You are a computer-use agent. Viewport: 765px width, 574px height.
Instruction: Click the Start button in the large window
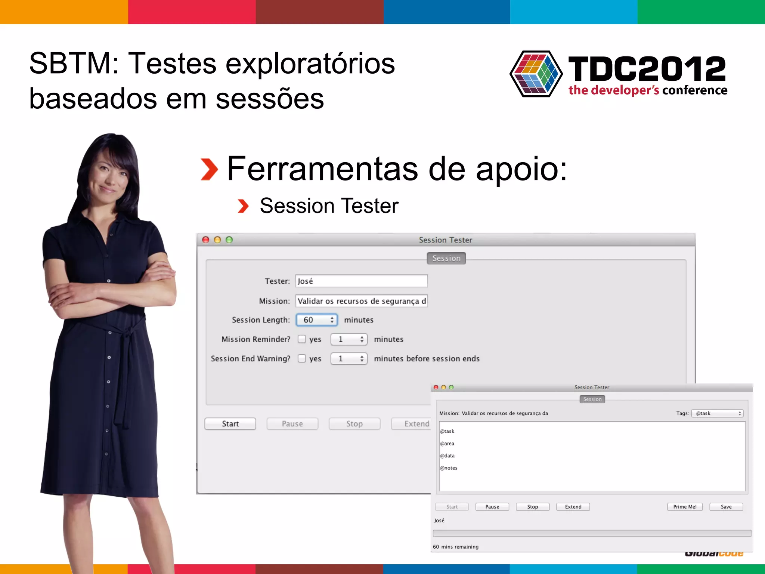click(x=230, y=424)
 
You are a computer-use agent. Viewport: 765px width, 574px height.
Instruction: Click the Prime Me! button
click(x=684, y=507)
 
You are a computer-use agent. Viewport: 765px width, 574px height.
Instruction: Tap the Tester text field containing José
click(x=361, y=281)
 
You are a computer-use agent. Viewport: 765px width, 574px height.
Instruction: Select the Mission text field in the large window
click(x=361, y=301)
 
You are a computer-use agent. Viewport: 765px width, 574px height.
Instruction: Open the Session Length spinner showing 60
click(x=317, y=320)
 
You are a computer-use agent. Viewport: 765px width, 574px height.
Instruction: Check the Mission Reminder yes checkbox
click(x=302, y=339)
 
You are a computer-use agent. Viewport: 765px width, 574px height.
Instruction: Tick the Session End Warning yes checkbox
click(x=302, y=358)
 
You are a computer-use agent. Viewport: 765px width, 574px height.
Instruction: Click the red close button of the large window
click(x=205, y=240)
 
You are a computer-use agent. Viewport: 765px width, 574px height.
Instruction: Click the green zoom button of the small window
click(x=451, y=387)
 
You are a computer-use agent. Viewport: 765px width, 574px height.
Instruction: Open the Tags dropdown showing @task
click(x=717, y=413)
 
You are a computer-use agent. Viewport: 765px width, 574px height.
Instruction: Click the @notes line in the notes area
click(x=449, y=468)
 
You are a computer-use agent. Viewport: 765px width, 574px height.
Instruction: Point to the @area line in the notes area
click(x=447, y=444)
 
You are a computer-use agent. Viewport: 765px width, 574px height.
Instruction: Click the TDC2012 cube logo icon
click(x=536, y=74)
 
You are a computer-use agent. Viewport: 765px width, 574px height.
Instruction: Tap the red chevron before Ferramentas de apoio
click(x=209, y=169)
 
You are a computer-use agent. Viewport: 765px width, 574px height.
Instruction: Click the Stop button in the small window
click(x=532, y=507)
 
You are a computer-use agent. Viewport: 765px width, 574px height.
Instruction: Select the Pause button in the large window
click(x=292, y=424)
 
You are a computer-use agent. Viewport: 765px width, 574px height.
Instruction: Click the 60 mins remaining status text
click(x=455, y=547)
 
